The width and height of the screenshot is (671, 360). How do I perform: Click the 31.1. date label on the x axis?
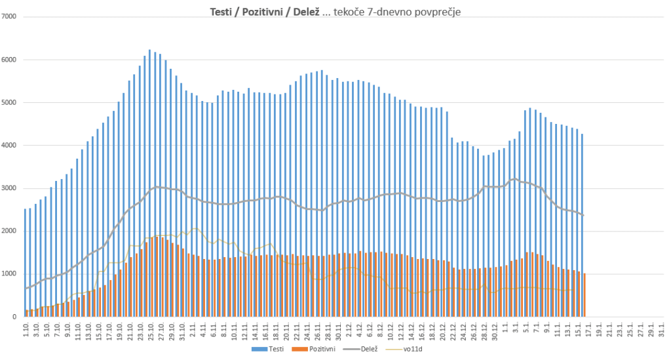point(662,330)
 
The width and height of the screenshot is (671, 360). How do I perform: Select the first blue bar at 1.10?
point(25,262)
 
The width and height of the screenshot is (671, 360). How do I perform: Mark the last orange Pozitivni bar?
point(585,295)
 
